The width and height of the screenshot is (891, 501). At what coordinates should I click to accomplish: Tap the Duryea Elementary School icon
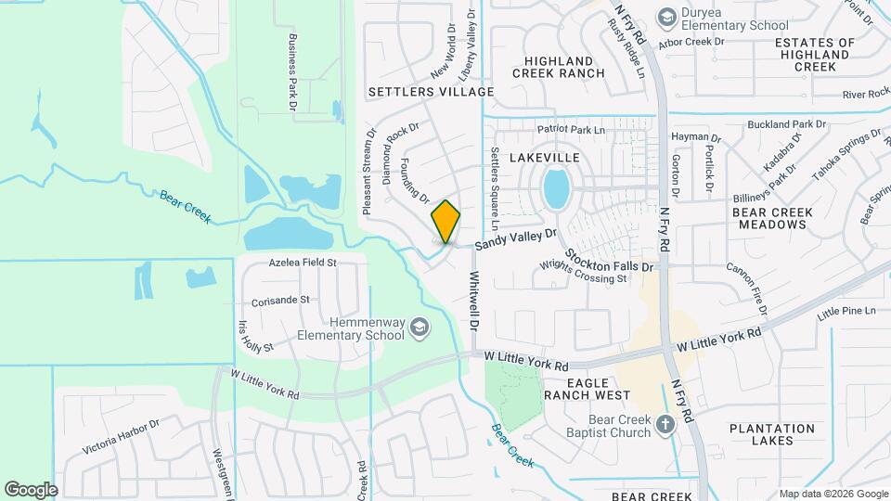(666, 17)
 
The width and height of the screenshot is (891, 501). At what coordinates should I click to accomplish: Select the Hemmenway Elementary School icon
(420, 327)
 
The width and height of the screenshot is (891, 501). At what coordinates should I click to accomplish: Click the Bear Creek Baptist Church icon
(665, 425)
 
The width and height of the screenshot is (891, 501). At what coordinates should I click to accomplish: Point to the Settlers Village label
(431, 92)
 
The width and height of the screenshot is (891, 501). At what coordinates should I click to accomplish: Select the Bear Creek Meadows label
(772, 219)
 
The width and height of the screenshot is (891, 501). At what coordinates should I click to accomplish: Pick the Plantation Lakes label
(773, 434)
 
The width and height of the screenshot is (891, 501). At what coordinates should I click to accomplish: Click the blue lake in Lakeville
(556, 189)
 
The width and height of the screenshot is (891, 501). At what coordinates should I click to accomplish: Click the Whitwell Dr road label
(474, 302)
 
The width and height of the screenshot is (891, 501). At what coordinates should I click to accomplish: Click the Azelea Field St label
(303, 263)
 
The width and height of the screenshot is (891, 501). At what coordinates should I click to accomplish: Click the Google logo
(31, 489)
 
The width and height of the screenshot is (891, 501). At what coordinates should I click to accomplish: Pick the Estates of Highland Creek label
(814, 55)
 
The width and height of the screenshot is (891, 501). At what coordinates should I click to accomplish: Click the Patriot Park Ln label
(571, 130)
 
